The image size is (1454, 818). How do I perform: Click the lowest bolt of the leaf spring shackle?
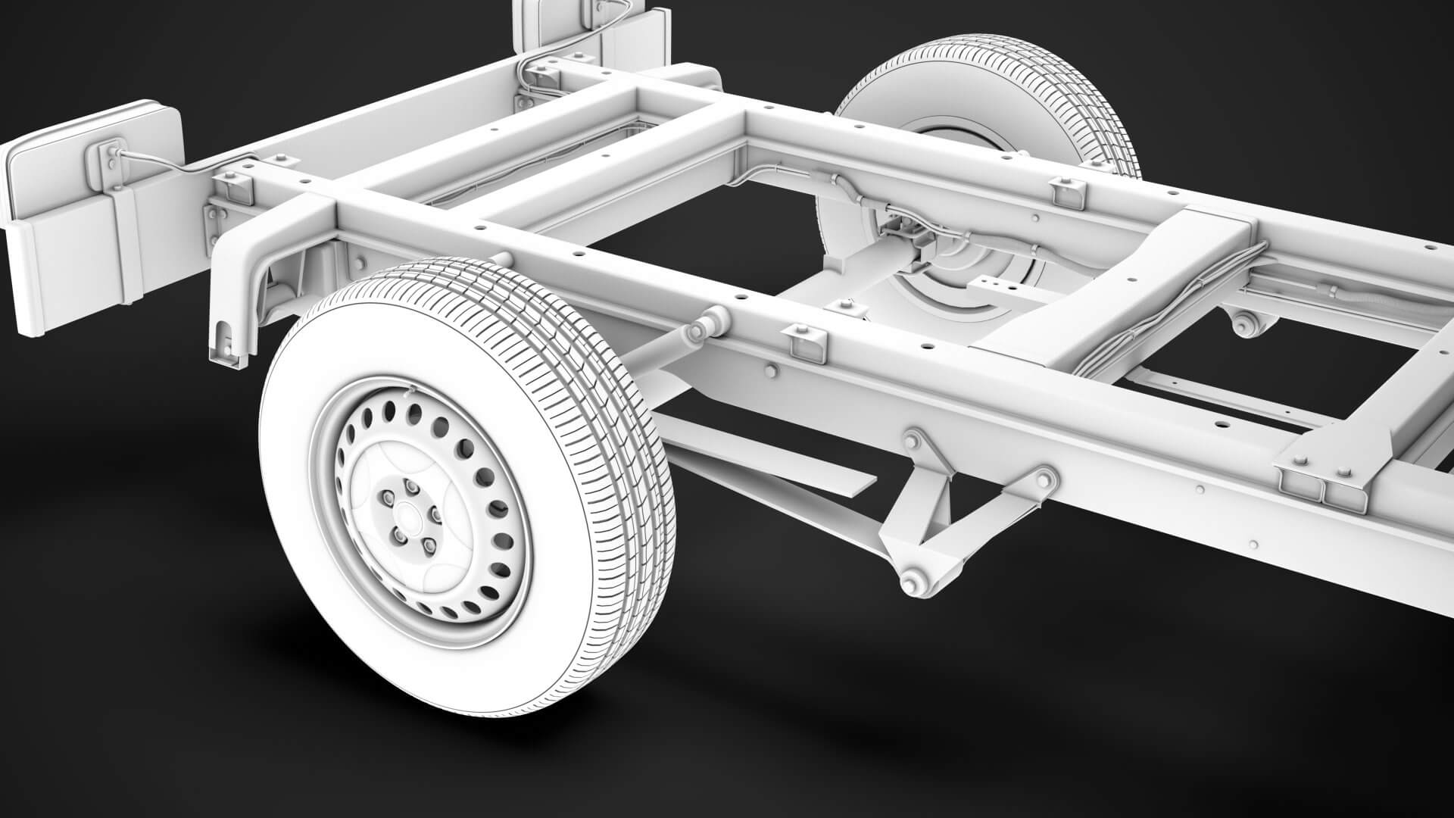click(x=910, y=583)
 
